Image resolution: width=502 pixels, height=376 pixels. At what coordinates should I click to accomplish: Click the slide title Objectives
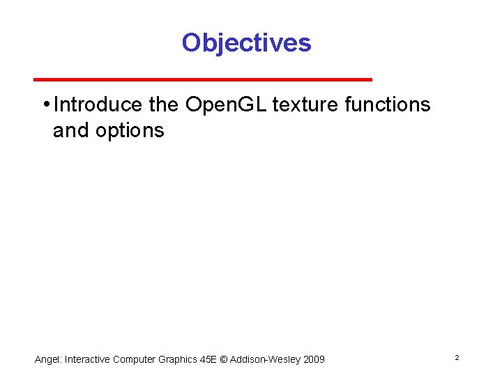click(246, 43)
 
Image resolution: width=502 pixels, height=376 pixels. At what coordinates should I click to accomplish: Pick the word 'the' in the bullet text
click(165, 105)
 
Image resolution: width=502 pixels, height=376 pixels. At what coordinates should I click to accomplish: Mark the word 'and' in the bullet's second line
click(71, 130)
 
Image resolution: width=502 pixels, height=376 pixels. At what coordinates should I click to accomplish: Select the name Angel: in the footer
click(48, 359)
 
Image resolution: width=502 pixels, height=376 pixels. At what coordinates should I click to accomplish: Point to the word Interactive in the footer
click(88, 359)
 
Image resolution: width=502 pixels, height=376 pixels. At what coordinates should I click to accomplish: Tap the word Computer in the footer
click(137, 359)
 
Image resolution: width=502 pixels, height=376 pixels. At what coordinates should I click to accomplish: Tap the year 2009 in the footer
click(314, 359)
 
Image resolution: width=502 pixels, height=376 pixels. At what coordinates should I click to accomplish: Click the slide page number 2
click(456, 357)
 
